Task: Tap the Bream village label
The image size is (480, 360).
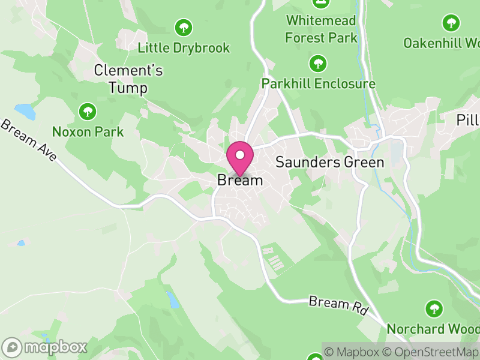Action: tap(240, 180)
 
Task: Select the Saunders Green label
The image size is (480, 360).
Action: tap(329, 162)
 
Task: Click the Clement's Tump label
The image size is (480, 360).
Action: tap(128, 79)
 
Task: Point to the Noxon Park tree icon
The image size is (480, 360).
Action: tap(88, 111)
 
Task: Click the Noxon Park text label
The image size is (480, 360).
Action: tap(88, 131)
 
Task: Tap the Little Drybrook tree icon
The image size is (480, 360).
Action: tap(183, 28)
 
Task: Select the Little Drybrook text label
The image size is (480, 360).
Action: tap(184, 48)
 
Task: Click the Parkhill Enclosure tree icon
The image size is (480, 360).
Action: tap(318, 63)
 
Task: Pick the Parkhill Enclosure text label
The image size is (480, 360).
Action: tap(318, 83)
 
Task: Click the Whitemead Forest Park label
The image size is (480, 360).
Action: tap(321, 29)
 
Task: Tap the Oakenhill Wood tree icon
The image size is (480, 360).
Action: tap(451, 23)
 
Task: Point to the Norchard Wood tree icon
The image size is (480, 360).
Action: tap(434, 309)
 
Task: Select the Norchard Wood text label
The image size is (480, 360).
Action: tap(433, 329)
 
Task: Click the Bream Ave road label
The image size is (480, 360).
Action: tap(29, 141)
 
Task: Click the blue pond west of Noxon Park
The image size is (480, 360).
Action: tap(25, 111)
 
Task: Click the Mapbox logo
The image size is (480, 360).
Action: tap(46, 347)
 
